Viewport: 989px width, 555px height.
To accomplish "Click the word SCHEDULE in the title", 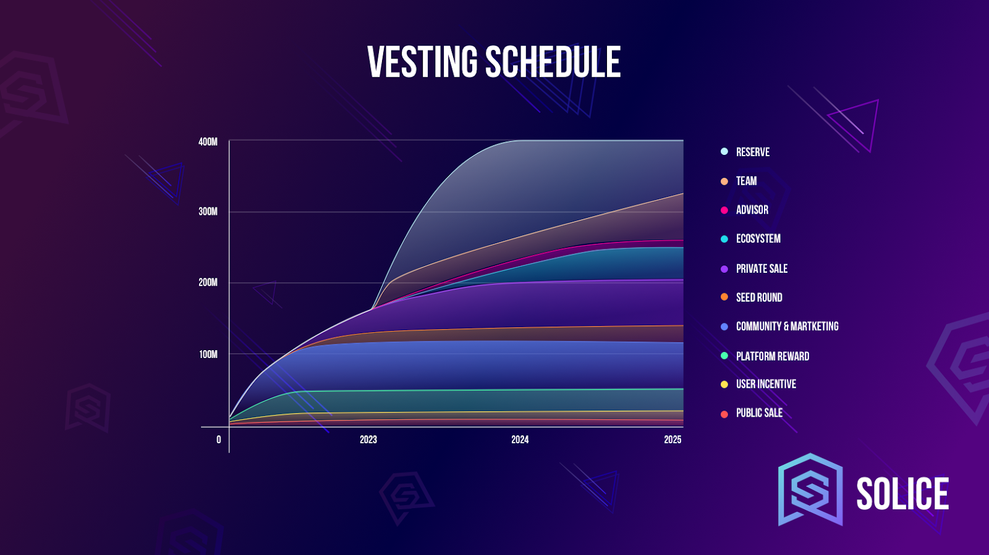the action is tap(553, 62).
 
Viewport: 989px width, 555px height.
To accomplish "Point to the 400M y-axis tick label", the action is tap(208, 142).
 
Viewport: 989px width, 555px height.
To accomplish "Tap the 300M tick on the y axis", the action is tap(208, 212).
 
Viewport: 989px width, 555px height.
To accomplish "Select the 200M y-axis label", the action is tap(208, 283).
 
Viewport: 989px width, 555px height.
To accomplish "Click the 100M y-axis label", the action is tap(208, 354).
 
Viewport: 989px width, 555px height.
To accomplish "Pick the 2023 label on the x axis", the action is tap(368, 440).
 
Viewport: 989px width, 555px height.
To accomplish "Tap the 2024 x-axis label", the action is tap(520, 440).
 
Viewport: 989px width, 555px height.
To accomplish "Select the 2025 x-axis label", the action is tap(673, 440).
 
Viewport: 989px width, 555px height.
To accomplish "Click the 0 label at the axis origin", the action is tap(219, 440).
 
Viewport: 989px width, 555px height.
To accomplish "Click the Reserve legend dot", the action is tap(724, 152).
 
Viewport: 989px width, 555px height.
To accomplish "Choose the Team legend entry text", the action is tap(746, 181).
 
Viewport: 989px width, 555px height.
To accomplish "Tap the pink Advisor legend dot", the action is tap(724, 211).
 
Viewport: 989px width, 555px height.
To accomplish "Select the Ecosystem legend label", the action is tap(758, 239).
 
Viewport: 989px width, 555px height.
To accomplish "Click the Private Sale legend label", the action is tap(762, 269).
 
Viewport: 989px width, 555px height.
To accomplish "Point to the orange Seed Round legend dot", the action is tap(724, 297).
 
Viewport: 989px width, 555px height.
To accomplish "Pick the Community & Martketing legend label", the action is tap(787, 326).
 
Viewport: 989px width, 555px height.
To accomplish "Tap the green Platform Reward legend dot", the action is tap(724, 356).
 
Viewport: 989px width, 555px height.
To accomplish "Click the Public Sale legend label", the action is tap(759, 413).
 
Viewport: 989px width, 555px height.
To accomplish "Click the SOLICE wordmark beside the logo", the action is tap(902, 494).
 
